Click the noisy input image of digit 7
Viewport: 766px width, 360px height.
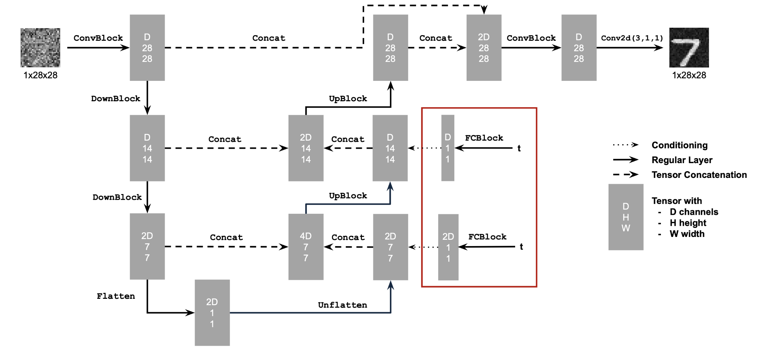[40, 47]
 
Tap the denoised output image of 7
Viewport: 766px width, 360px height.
[689, 47]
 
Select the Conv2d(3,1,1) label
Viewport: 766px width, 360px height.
[632, 38]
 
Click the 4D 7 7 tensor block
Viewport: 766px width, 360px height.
[306, 247]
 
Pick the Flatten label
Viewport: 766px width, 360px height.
[116, 296]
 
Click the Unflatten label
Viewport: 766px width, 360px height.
[342, 305]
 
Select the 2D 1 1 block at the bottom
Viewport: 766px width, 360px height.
[212, 313]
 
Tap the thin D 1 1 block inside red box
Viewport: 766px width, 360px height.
[448, 148]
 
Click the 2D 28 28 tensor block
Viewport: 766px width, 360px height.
[483, 47]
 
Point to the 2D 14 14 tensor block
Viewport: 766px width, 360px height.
[306, 148]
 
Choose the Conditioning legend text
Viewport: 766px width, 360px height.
[679, 145]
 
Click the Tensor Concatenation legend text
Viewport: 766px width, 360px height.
[699, 175]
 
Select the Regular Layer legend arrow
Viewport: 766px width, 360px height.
[625, 160]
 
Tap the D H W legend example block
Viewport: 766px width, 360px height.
[625, 217]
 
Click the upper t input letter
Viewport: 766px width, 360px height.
[519, 148]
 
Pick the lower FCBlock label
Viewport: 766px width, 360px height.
[487, 237]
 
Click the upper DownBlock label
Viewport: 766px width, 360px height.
[116, 98]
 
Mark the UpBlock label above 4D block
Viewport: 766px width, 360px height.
[348, 195]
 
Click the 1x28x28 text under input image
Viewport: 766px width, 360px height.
[40, 75]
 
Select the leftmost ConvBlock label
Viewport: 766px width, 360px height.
[98, 38]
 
